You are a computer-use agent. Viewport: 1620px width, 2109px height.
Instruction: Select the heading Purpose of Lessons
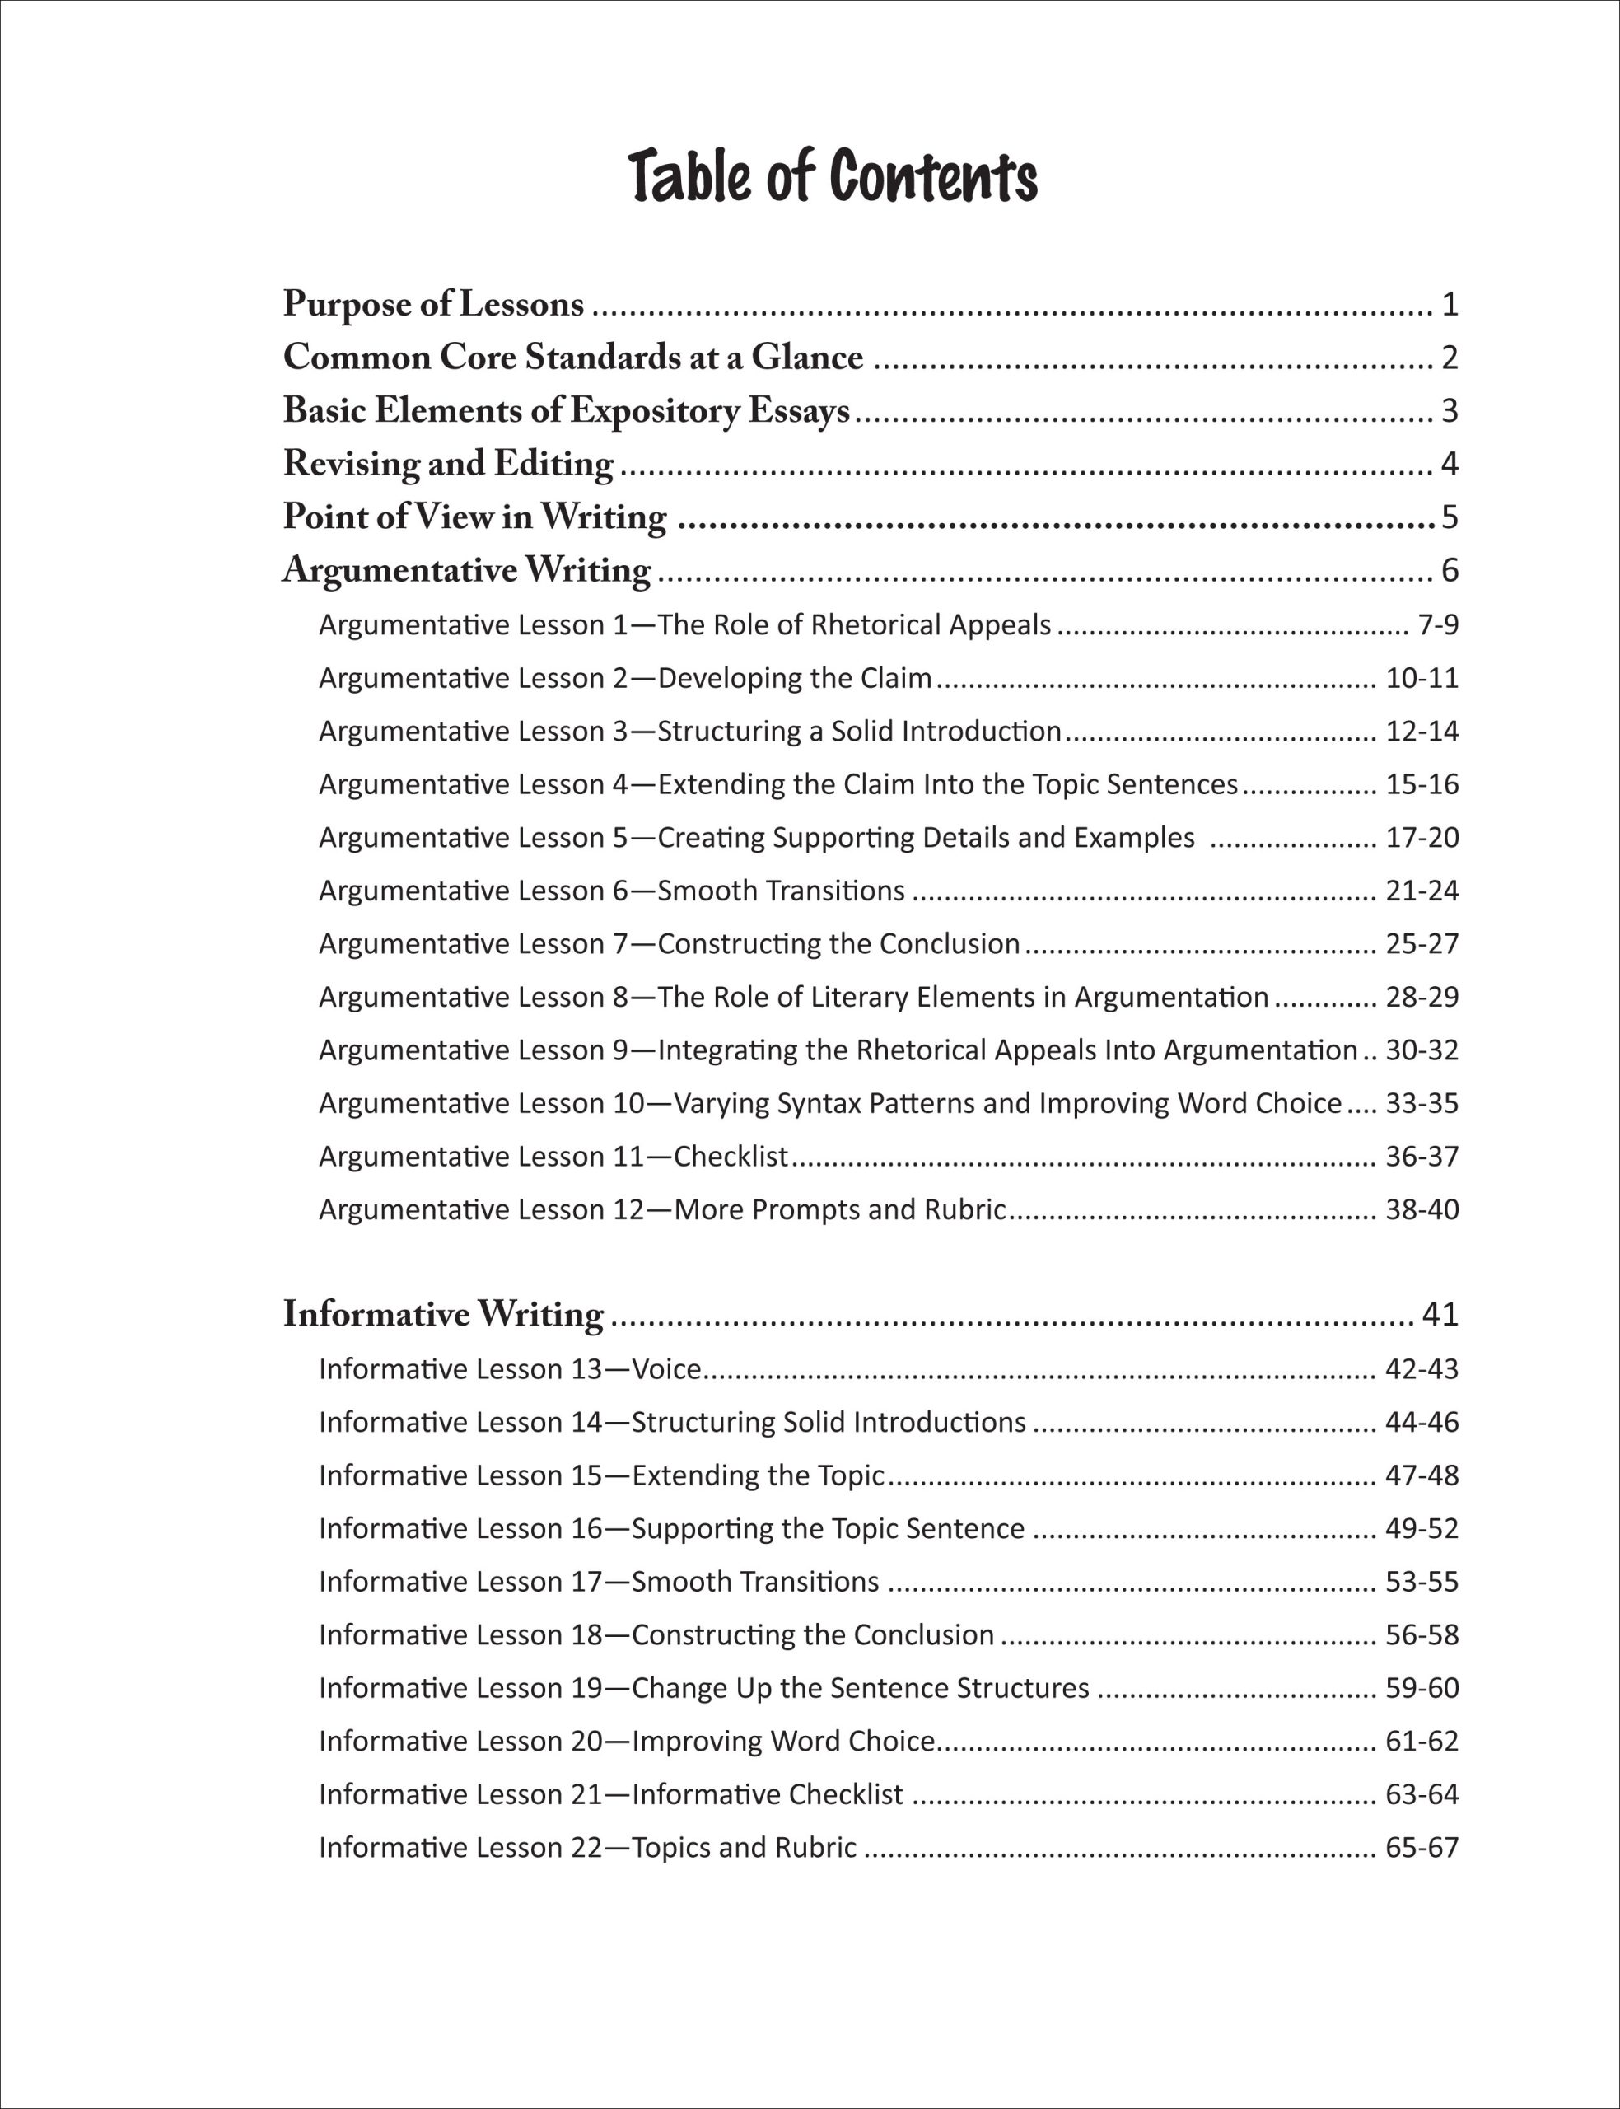tap(433, 305)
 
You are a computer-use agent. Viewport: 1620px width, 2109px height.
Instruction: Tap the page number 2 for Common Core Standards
tap(1450, 358)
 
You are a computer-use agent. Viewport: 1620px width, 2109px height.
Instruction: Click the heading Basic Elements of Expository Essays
tap(566, 411)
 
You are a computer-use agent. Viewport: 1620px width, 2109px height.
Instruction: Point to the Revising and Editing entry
tap(447, 464)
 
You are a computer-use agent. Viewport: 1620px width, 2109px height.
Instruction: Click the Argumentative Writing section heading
tap(467, 570)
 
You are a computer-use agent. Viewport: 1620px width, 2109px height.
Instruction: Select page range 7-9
tap(1438, 625)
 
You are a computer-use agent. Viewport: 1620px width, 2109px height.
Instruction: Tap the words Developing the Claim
tap(795, 678)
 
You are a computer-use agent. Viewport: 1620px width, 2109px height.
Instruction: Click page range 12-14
tap(1422, 731)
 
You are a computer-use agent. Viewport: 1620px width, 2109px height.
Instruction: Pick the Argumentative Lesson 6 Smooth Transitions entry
tap(611, 890)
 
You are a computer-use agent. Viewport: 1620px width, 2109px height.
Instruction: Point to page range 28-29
tap(1422, 996)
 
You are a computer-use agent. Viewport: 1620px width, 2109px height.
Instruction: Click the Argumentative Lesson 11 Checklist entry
tap(553, 1155)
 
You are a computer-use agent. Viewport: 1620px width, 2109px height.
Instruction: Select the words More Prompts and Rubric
tap(839, 1209)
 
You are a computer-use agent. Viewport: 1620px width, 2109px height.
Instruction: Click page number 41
tap(1440, 1314)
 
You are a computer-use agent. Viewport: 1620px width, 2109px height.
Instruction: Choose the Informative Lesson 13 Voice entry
tap(509, 1368)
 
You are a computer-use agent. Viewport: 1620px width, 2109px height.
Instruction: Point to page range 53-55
tap(1422, 1582)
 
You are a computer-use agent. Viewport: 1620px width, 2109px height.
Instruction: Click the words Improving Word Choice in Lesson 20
tap(783, 1741)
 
